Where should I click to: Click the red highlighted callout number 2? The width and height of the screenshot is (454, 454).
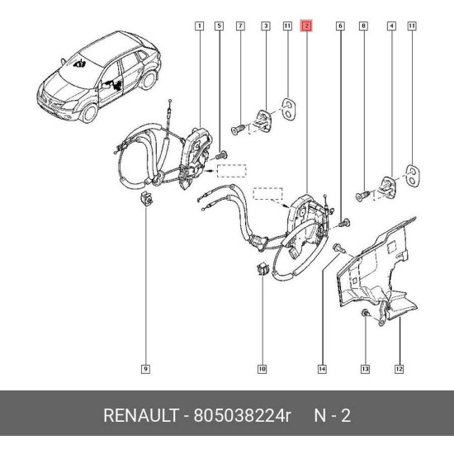[x=306, y=26]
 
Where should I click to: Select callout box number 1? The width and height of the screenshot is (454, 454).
[x=199, y=26]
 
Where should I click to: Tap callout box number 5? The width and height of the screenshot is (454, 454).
[x=220, y=26]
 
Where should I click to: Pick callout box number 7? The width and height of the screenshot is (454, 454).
[x=240, y=26]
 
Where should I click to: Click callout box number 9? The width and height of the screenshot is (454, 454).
[x=145, y=369]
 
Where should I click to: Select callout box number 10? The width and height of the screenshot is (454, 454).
[x=262, y=369]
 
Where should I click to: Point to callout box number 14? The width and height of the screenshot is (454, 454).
[x=322, y=369]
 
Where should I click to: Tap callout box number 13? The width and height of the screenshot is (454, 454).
[x=365, y=369]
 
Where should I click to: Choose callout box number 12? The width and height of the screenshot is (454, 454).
[x=399, y=369]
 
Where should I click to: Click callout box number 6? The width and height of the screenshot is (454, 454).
[x=340, y=26]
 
